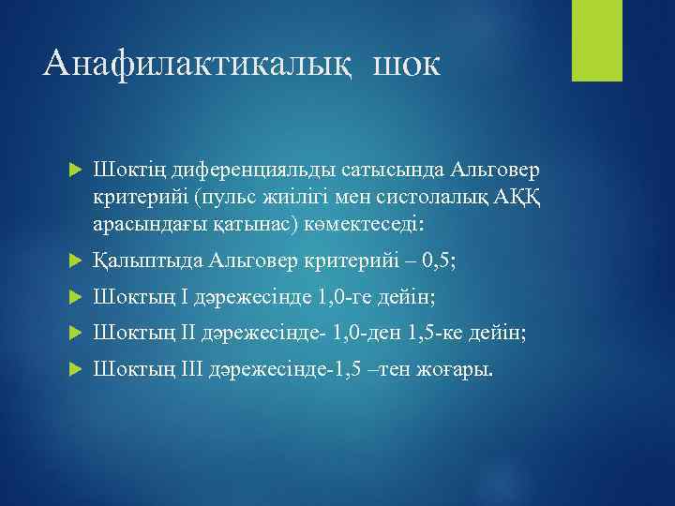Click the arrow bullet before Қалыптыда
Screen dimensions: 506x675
[76, 260]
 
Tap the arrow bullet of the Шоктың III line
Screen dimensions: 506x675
[76, 370]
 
